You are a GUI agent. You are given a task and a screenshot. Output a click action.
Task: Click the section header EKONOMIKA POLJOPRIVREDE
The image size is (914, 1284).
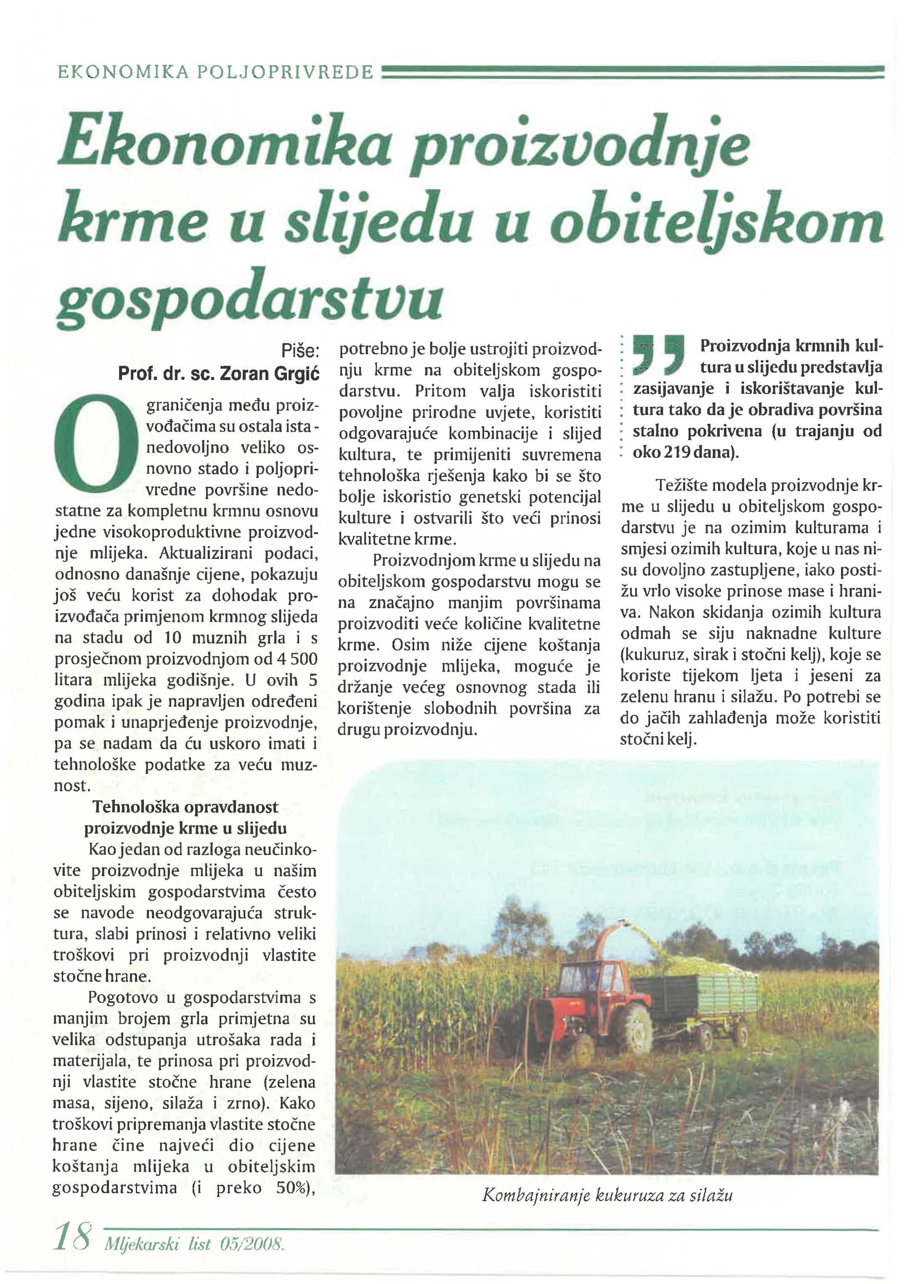click(215, 72)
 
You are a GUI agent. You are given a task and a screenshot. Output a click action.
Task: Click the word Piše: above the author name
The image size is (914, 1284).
click(300, 351)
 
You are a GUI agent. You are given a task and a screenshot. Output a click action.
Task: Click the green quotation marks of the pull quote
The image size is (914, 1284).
click(657, 355)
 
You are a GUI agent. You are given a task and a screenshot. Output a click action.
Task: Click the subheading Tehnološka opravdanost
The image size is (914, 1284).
click(185, 807)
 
